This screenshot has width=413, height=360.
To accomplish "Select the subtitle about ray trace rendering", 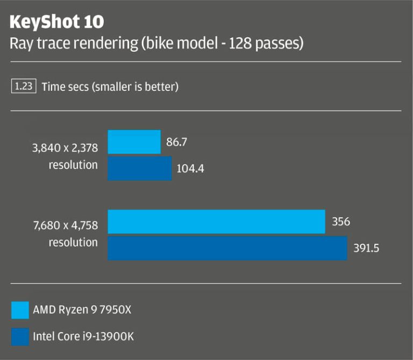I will coord(156,44).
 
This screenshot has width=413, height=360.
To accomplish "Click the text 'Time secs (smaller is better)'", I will coord(110,86).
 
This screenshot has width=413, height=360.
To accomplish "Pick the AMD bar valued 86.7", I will coord(134,142).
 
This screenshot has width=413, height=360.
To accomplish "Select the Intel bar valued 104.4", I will coord(139,168).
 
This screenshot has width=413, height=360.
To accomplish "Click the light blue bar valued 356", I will coord(216,222).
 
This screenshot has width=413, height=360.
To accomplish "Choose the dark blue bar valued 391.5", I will coord(227,248).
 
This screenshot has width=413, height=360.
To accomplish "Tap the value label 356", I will coord(341,222).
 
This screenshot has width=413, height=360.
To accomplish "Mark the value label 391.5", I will coord(366,249).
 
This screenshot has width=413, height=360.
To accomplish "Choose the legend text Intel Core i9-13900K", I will coord(83,337).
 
